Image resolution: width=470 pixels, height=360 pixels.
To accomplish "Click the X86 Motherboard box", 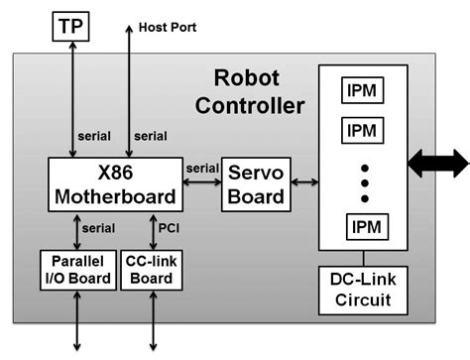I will point(115,183).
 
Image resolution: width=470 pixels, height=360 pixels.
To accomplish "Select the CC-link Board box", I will point(152,268).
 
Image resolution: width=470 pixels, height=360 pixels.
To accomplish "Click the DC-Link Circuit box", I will point(362,287).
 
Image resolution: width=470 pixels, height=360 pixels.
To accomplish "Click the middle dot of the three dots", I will point(363,183).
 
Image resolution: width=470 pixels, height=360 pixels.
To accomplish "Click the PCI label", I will point(170,227).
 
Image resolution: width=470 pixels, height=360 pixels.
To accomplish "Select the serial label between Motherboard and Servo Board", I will point(201,168).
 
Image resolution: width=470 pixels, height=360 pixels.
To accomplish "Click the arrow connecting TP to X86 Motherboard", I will point(71,99).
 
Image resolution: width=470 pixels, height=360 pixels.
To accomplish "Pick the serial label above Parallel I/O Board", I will point(99,227).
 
